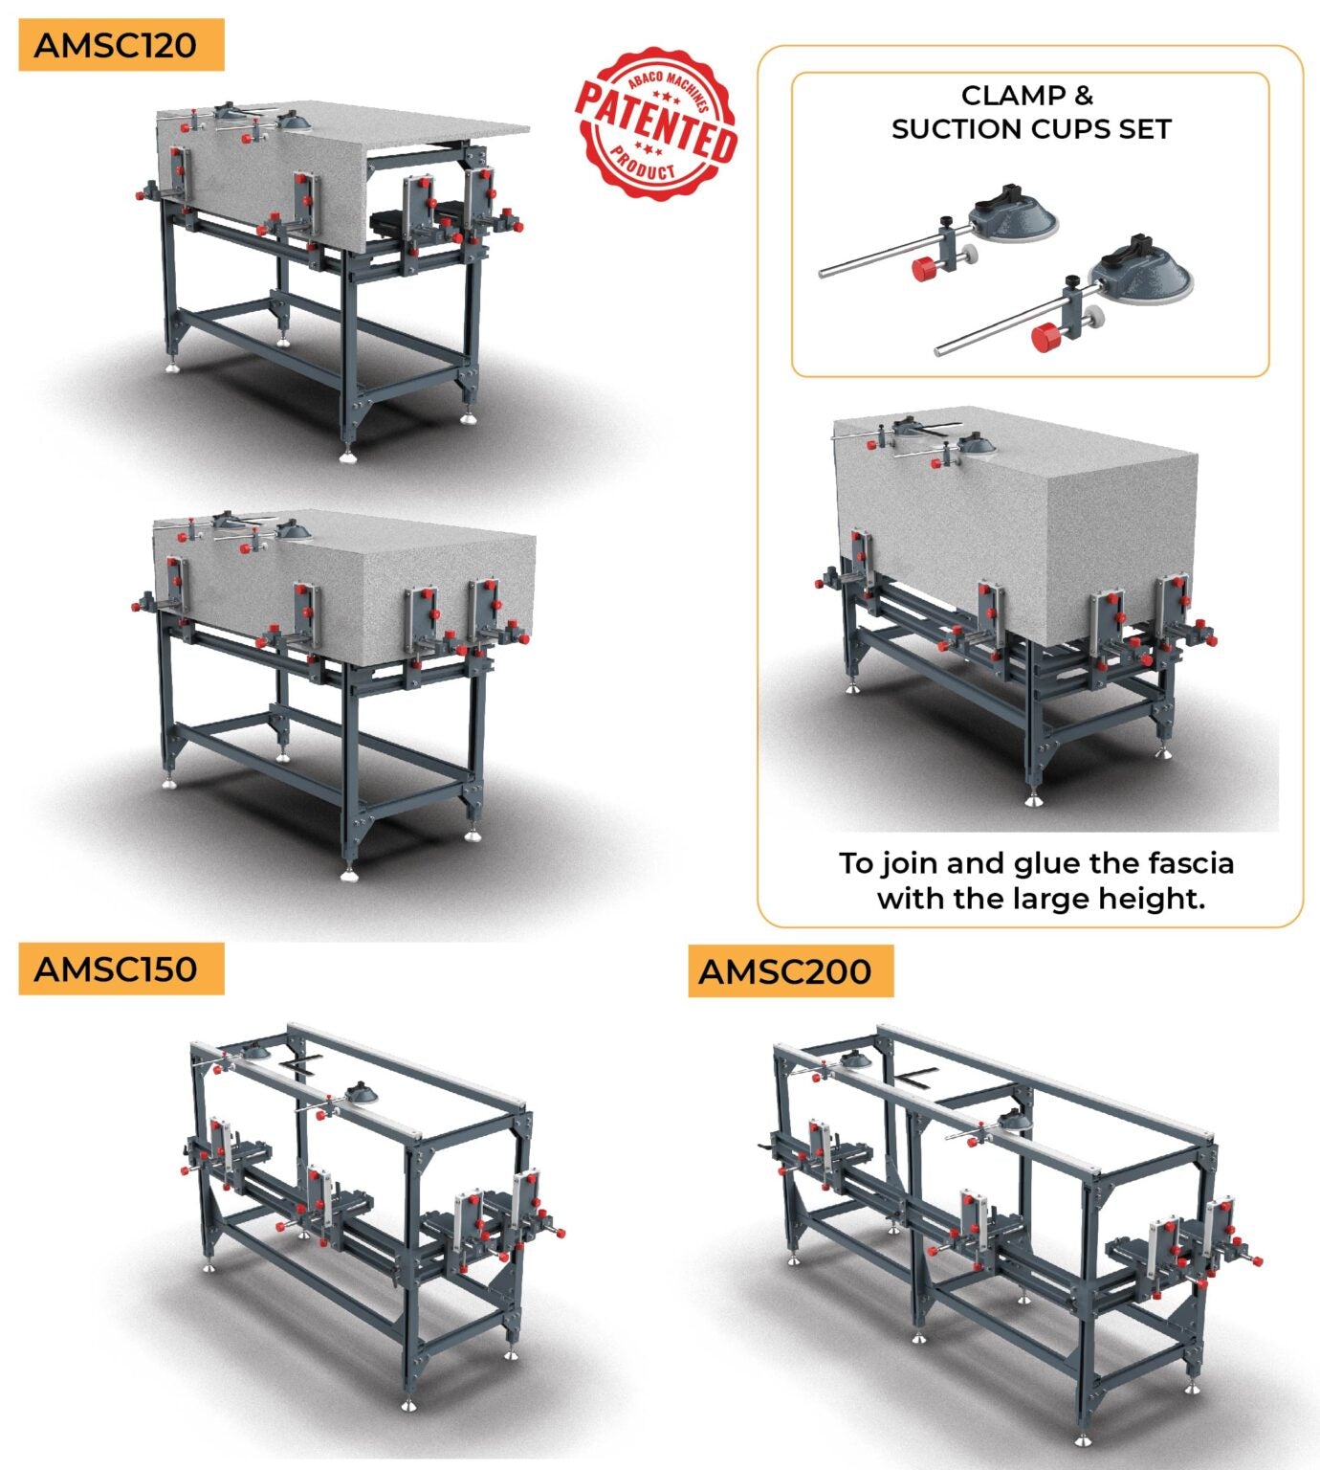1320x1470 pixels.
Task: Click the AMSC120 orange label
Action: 121,45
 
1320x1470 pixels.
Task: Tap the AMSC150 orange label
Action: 121,969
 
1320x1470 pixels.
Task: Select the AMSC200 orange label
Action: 790,971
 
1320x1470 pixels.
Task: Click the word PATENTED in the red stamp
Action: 656,123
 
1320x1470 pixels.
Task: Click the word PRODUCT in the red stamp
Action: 644,166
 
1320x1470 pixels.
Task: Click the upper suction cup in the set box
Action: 1013,213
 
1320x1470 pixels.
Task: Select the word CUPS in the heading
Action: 1067,129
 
